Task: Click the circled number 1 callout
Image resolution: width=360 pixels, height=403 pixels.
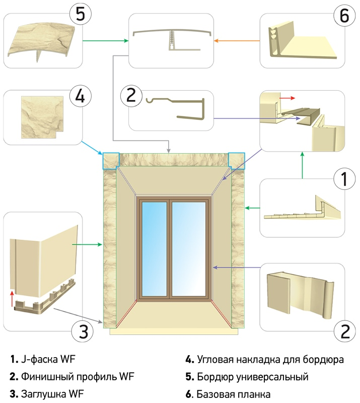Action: click(344, 178)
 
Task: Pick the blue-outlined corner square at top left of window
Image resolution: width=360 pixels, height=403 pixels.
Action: click(111, 160)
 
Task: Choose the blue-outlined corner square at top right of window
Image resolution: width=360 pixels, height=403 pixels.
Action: click(236, 160)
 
